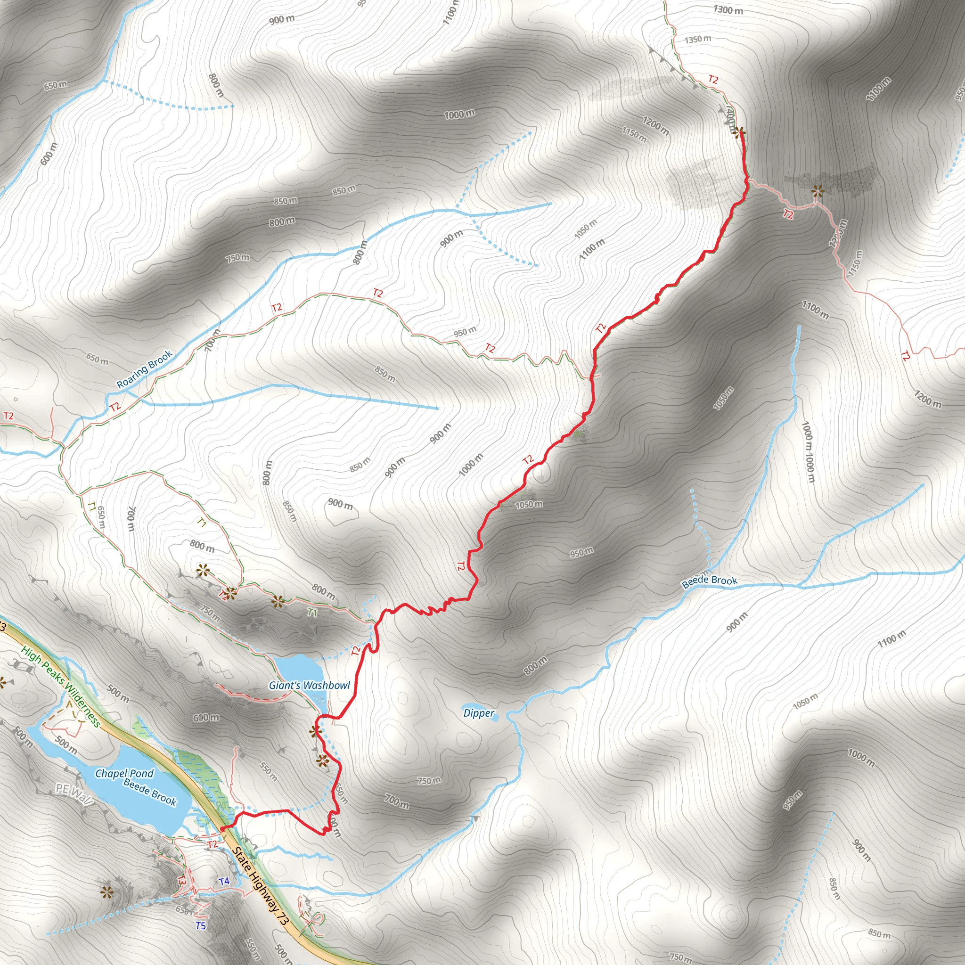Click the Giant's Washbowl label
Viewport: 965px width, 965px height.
[309, 685]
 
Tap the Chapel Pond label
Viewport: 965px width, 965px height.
[124, 773]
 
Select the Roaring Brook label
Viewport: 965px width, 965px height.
[144, 369]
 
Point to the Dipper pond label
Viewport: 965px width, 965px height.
[479, 713]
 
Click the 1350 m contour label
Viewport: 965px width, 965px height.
[698, 39]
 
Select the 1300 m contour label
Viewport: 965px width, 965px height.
[728, 9]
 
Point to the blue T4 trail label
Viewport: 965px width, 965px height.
[224, 881]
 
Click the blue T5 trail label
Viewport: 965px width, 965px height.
[201, 925]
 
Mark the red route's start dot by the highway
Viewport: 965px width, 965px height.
[222, 829]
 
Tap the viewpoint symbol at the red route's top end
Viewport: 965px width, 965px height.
[739, 132]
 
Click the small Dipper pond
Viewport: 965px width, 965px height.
[501, 714]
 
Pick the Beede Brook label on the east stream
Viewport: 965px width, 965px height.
[709, 581]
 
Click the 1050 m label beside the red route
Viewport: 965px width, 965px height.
[529, 505]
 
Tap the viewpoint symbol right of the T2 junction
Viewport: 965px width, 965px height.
[817, 191]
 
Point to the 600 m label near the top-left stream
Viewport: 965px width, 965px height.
[49, 154]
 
